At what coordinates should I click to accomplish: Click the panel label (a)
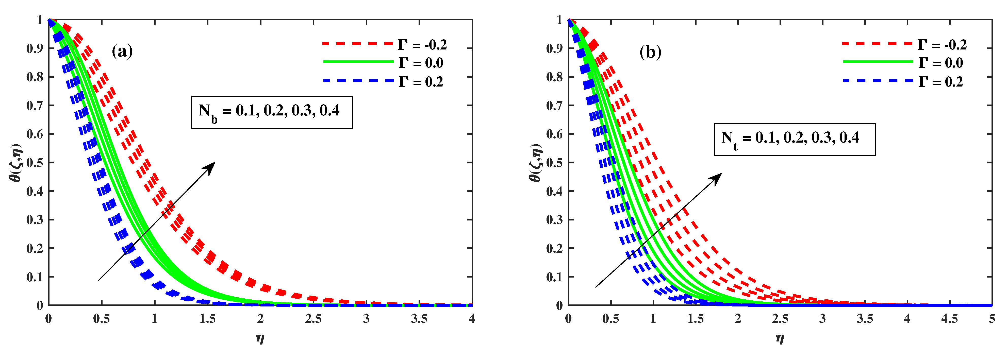tap(122, 51)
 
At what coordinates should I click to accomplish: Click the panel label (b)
tap(650, 52)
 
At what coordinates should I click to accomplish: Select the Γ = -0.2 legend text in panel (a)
tap(422, 45)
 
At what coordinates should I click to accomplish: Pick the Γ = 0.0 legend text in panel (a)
tap(421, 63)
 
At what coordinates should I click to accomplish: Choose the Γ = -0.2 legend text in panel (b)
tap(942, 45)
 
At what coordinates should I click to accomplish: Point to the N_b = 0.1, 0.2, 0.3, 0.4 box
tap(272, 112)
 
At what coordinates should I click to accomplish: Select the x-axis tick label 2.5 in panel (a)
tap(313, 319)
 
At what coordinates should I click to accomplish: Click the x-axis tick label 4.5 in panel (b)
tap(949, 319)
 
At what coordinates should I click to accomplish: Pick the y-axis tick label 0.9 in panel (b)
tap(554, 48)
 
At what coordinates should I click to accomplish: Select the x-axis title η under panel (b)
tap(780, 338)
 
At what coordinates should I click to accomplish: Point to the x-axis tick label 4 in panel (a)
tap(472, 319)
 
